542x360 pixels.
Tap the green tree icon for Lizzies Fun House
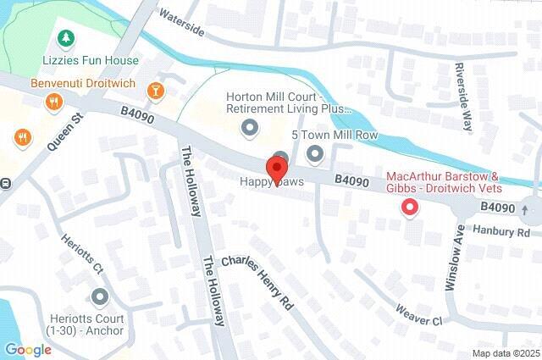(x=65, y=38)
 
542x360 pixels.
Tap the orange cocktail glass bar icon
(x=156, y=90)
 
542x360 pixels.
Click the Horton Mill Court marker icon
(x=250, y=128)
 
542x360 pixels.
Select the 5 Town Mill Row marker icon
(x=316, y=153)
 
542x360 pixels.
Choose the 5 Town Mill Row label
(x=334, y=136)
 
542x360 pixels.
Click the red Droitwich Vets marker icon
(x=410, y=206)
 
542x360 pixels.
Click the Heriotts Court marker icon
(x=100, y=297)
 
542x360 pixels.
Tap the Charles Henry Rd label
(x=257, y=279)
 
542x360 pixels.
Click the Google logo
(x=28, y=349)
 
